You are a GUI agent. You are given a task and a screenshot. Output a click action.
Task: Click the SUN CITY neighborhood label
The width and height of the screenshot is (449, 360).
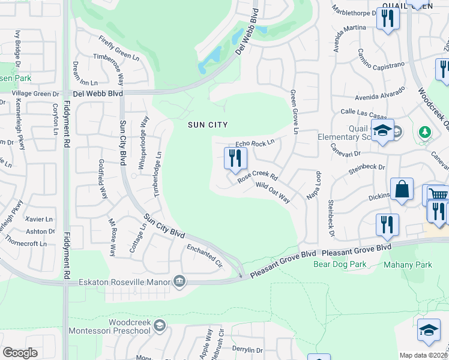tap(208, 125)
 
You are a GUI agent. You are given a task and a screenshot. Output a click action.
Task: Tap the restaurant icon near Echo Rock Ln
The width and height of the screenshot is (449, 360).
tap(235, 158)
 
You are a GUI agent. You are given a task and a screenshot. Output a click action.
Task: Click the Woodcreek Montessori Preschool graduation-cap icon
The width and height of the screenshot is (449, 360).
tap(160, 326)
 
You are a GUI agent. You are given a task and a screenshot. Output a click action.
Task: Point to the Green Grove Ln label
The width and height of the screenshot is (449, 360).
tap(294, 112)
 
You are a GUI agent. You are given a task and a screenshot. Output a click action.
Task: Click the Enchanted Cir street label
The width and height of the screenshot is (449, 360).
tap(205, 256)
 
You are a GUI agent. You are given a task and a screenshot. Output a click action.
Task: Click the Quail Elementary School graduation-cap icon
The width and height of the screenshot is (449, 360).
tap(382, 131)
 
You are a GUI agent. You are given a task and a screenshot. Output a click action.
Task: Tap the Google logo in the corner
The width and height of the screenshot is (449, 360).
tap(20, 353)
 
